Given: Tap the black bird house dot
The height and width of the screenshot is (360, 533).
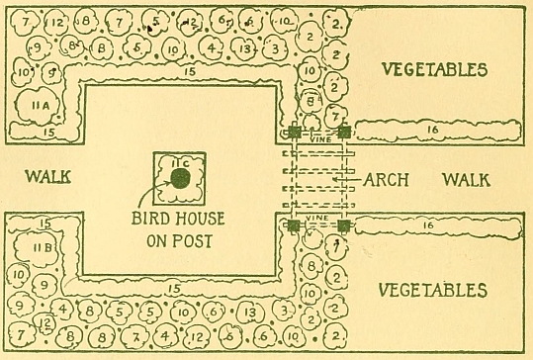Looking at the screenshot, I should click(x=180, y=178).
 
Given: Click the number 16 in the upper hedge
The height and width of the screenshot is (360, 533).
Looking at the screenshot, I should click(x=436, y=130).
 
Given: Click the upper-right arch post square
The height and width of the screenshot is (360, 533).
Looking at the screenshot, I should click(x=344, y=131).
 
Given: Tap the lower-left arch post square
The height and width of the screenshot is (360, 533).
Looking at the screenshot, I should click(x=294, y=226).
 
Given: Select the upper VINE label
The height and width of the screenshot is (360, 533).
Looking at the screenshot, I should click(x=317, y=139).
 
